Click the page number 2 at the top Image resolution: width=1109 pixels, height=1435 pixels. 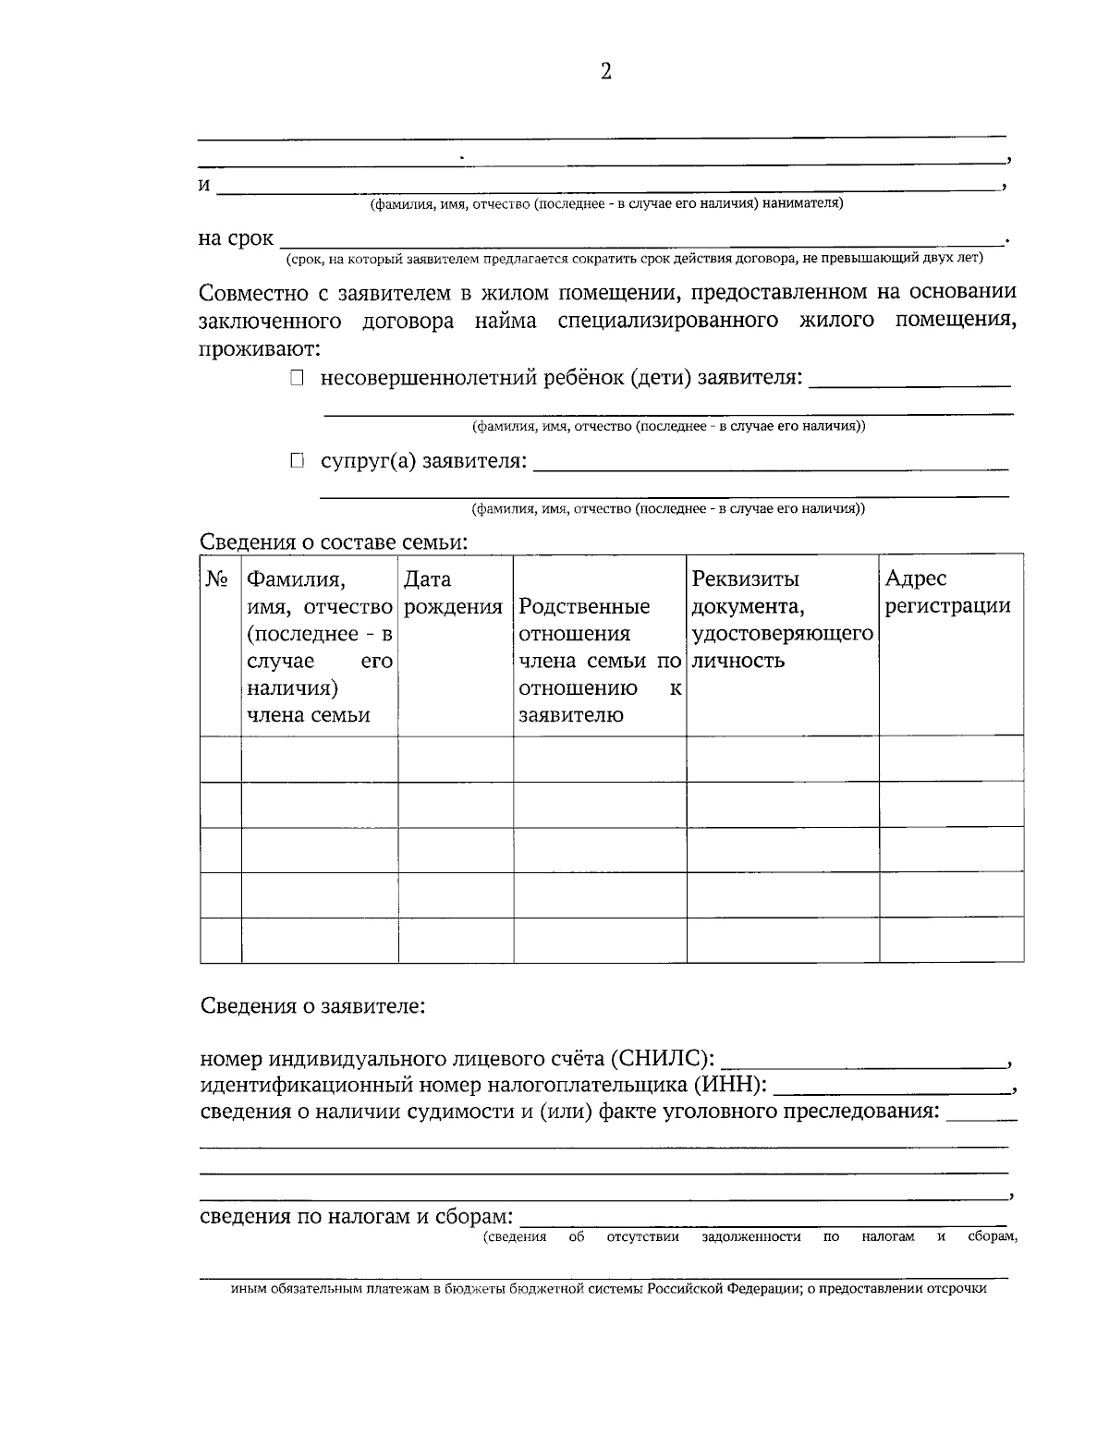606,72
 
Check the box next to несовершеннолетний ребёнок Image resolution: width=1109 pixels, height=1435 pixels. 296,378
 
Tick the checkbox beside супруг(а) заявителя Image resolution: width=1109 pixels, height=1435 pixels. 296,460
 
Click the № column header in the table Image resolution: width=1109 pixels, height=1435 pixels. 217,579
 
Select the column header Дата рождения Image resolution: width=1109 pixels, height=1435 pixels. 453,593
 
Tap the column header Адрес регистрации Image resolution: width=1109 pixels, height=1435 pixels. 947,592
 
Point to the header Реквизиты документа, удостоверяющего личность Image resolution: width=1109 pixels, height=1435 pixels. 782,620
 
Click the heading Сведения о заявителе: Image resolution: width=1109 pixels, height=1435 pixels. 313,1004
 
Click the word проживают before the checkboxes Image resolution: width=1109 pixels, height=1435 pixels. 260,350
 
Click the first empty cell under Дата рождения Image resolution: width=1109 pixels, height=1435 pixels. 456,760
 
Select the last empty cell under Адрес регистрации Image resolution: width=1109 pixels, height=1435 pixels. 951,941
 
